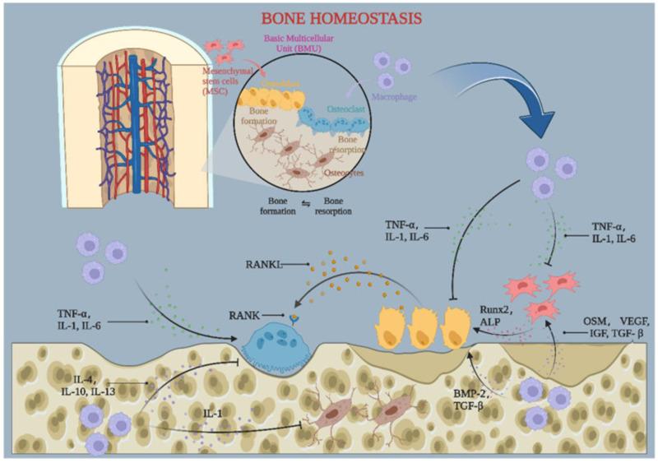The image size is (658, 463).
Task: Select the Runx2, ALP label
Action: (493, 314)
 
